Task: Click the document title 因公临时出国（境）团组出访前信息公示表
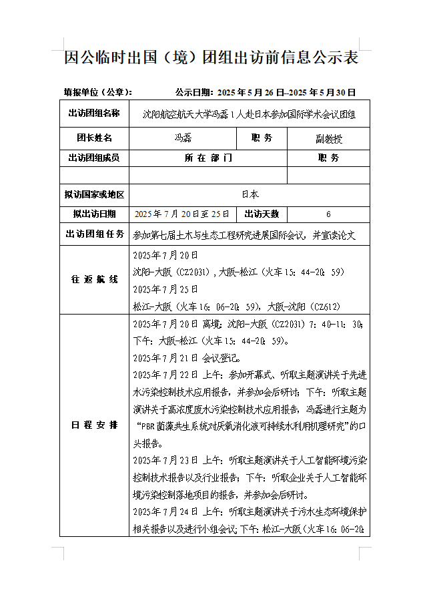click(211, 57)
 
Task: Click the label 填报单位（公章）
click(97, 92)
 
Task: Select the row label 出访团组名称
click(94, 114)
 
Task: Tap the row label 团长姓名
click(94, 138)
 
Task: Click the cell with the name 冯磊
click(183, 139)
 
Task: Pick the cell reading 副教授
click(328, 139)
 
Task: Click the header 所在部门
click(208, 158)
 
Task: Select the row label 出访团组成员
click(94, 158)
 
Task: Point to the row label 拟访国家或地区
click(94, 194)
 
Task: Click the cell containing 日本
click(250, 194)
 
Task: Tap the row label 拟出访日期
click(94, 214)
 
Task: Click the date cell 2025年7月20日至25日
click(182, 214)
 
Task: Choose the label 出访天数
click(262, 214)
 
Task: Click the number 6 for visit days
click(328, 214)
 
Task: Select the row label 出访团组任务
click(94, 234)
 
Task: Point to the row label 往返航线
click(94, 279)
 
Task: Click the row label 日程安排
click(94, 425)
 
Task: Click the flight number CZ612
click(328, 307)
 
